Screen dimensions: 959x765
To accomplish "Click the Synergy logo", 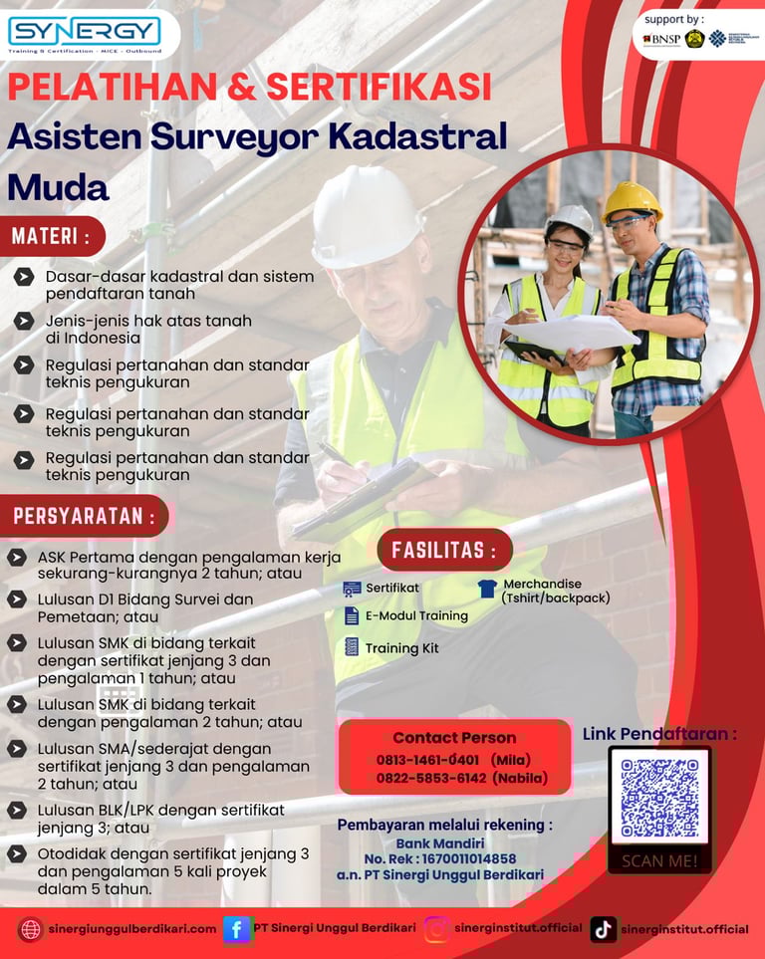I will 84,33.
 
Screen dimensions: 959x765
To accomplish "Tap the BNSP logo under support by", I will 661,39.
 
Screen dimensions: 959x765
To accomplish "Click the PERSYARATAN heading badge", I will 85,516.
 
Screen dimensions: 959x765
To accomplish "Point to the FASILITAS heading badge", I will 444,550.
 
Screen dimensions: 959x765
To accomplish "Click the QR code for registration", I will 658,798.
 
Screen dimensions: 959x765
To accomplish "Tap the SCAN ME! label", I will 659,860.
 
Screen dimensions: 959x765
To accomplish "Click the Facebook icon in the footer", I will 237,929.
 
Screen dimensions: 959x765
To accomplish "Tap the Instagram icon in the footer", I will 436,929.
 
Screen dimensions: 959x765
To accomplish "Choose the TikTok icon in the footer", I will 603,929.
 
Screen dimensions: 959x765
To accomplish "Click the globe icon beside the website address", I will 30,929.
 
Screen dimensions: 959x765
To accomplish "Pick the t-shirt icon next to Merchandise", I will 487,589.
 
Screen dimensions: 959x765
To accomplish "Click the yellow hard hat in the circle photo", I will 631,201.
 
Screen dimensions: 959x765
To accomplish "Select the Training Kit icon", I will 352,647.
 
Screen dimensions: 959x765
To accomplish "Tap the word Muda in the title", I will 58,186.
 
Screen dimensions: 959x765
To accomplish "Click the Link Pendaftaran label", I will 659,734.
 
